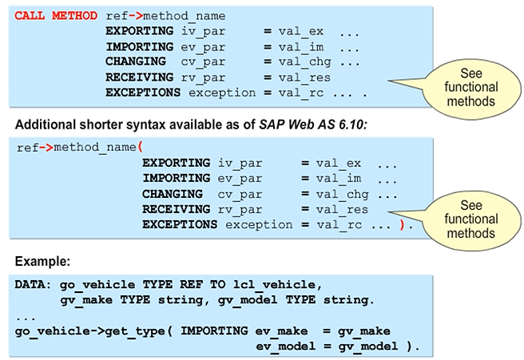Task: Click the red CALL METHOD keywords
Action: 57,16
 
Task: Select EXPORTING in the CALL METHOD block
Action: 139,31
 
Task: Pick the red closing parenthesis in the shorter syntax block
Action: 403,225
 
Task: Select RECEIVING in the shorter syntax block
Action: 177,209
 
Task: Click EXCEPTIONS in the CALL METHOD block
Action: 143,93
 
